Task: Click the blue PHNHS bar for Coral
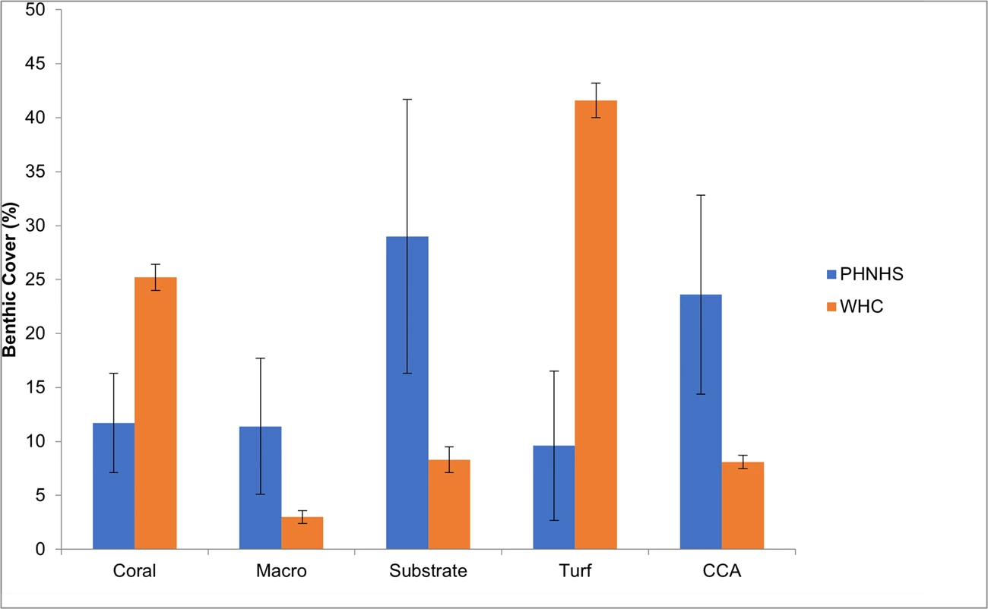coord(113,486)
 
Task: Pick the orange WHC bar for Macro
coord(302,533)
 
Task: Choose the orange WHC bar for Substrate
coord(449,504)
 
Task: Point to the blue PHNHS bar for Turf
coord(554,497)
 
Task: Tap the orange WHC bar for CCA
coord(743,505)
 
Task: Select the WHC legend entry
coord(860,308)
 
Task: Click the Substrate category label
coord(428,571)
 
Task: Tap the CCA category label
coord(722,571)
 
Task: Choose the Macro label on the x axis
coord(281,571)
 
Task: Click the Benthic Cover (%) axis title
coord(10,279)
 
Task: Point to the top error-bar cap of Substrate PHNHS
coord(407,99)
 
